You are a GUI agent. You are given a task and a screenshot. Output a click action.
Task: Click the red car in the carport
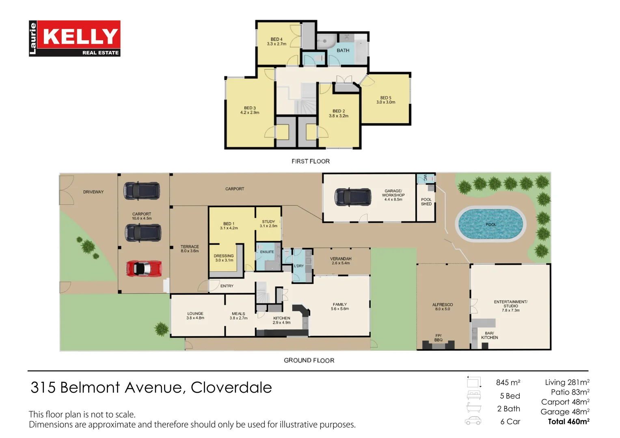coord(144,268)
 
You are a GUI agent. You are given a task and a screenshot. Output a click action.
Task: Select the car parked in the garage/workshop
coord(352,197)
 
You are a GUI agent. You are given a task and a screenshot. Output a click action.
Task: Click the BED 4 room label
coord(277,42)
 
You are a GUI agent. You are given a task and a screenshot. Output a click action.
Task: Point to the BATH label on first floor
coord(343,51)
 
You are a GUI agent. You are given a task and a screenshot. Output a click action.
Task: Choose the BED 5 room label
coord(385,100)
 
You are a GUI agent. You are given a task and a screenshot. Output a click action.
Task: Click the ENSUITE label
coord(267,252)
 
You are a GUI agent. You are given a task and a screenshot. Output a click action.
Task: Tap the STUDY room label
coord(268,224)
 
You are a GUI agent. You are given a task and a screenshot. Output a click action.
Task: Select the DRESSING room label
coord(224,258)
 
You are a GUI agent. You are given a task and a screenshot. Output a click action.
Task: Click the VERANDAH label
coord(341,261)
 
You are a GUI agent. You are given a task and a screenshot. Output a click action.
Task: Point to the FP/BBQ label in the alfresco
coord(439,337)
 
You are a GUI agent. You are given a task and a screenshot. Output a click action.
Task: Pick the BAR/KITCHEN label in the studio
coord(489,335)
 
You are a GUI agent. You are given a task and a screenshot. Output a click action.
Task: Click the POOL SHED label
coord(426,202)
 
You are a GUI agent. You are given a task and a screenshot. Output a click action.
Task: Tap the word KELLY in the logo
coord(80,36)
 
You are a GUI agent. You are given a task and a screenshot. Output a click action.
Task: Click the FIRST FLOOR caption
coord(310,161)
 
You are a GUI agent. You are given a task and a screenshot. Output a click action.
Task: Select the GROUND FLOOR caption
coord(309,361)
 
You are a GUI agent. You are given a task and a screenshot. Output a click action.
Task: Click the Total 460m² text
coord(568,422)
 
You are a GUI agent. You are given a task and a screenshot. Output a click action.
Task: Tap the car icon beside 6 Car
coord(473,421)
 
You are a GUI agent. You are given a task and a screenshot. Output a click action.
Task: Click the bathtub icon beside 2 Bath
coord(473,408)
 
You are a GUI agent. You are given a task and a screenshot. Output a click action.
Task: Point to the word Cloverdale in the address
coord(231,388)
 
